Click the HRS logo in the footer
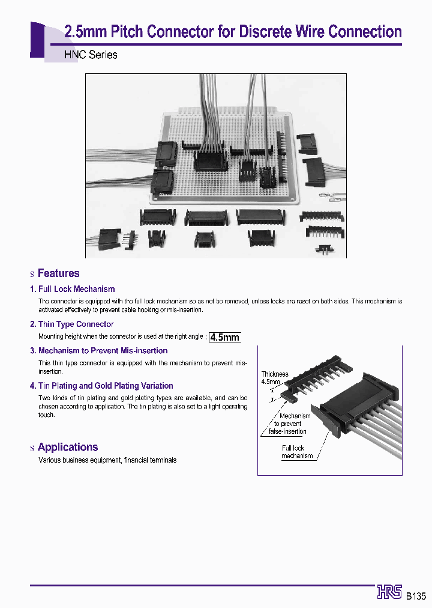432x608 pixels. [x=389, y=592]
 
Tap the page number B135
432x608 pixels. [x=415, y=596]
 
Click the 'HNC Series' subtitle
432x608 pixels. [x=91, y=55]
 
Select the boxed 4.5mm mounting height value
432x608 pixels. [x=225, y=337]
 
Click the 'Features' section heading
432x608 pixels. [x=58, y=273]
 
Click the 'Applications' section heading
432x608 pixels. [x=67, y=447]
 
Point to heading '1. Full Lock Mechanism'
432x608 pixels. [x=73, y=289]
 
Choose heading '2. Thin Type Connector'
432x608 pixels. [x=72, y=324]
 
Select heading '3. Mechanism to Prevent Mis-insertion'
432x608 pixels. [x=99, y=350]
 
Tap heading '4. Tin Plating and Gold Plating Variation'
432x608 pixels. [x=101, y=386]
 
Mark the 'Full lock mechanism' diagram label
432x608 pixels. [x=297, y=452]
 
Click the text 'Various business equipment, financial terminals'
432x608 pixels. [x=107, y=460]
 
